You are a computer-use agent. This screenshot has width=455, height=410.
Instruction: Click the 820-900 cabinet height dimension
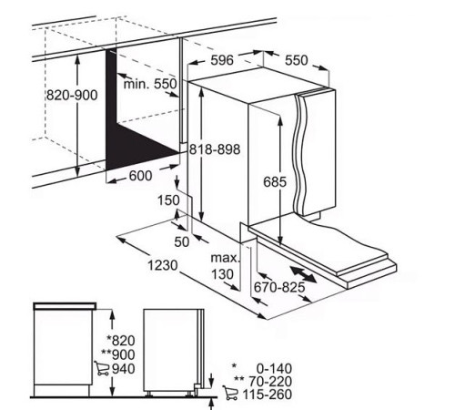click(x=72, y=96)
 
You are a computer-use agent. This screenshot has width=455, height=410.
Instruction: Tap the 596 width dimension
click(x=222, y=60)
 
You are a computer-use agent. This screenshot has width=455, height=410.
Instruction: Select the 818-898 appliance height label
click(x=215, y=149)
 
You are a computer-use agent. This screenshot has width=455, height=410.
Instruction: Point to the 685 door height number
click(x=275, y=182)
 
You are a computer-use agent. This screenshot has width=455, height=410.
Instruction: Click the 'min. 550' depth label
click(x=150, y=84)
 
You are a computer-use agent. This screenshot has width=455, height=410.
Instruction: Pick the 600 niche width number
click(x=140, y=176)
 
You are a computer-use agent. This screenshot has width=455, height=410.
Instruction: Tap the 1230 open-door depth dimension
click(x=163, y=265)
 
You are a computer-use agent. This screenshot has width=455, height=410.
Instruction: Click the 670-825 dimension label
click(x=279, y=287)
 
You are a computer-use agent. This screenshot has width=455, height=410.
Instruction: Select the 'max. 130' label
click(x=225, y=266)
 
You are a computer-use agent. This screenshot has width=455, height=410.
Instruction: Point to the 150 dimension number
click(x=168, y=200)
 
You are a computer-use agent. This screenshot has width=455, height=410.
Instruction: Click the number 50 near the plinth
click(x=182, y=241)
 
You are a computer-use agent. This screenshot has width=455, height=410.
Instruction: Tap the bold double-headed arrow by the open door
click(x=303, y=274)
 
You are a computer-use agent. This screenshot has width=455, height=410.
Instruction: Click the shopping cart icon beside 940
click(x=102, y=368)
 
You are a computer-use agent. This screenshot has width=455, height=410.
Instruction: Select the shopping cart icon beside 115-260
click(x=230, y=393)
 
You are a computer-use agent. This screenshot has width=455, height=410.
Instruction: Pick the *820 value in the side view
click(x=121, y=341)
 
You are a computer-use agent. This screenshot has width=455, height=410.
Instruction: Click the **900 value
click(x=118, y=354)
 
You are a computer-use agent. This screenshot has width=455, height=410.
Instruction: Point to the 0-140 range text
click(x=274, y=369)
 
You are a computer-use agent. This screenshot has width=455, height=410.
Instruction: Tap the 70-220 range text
click(x=270, y=381)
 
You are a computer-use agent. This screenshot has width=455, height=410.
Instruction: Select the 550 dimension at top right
click(x=297, y=60)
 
